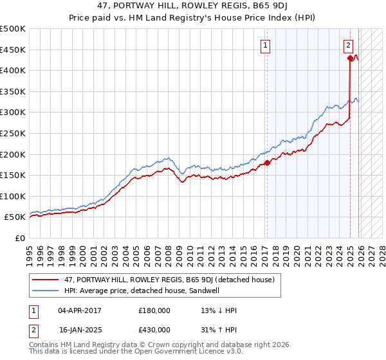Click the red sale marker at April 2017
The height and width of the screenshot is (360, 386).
[268, 163]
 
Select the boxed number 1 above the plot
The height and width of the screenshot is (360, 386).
[265, 45]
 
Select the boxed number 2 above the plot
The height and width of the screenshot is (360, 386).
[348, 45]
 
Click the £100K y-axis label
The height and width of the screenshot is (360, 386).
[14, 197]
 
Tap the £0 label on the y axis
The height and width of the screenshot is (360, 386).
[20, 239]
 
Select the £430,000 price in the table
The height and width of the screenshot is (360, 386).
[154, 330]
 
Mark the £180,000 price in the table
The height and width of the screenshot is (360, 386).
[154, 310]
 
